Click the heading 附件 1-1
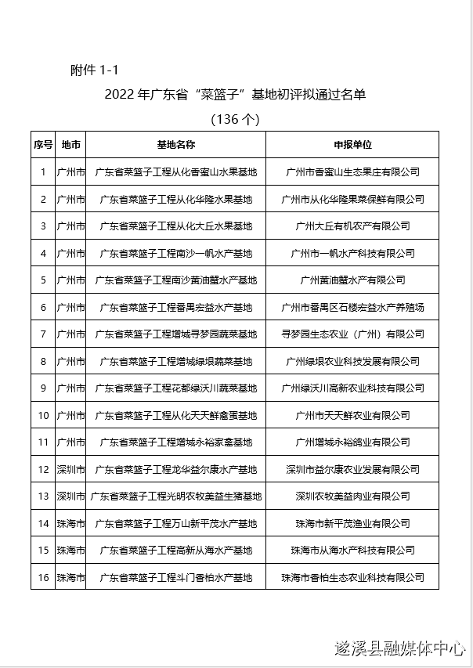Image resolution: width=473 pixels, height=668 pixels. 93,70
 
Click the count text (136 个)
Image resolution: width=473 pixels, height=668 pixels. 235,120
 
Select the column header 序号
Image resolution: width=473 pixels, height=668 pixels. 43,145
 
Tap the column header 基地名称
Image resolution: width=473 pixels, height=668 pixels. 175,145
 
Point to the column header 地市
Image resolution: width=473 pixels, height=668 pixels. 70,145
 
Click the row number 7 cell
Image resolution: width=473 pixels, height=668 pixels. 43,334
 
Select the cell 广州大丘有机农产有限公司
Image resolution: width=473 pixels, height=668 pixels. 352,226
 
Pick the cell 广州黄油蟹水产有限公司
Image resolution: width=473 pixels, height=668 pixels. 352,280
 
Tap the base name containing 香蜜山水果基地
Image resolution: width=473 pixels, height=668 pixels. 175,172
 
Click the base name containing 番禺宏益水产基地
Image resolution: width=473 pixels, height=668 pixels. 175,307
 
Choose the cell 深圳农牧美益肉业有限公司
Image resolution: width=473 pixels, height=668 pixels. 352,496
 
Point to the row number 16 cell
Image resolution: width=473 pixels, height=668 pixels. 43,577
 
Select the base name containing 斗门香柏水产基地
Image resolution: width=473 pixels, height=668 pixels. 175,577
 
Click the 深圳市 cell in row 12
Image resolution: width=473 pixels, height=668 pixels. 70,469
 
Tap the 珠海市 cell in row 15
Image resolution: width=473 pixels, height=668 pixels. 70,550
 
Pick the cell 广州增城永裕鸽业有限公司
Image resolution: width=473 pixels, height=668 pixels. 352,442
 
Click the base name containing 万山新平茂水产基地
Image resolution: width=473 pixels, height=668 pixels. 175,523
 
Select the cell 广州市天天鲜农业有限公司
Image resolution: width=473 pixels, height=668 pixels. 352,415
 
